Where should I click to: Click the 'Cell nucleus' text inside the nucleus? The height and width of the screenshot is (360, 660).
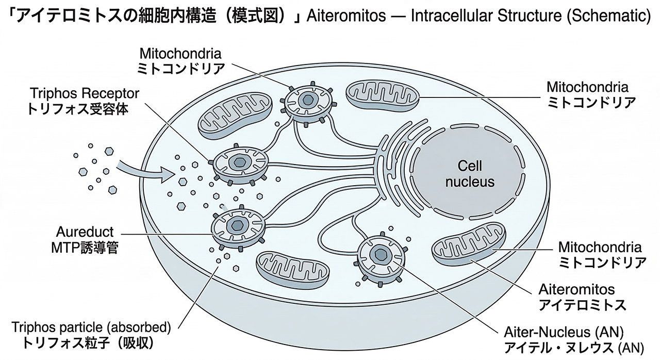point(469,173)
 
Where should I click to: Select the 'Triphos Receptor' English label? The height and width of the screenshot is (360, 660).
point(85,94)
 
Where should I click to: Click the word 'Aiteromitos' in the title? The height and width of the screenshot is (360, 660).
point(345,16)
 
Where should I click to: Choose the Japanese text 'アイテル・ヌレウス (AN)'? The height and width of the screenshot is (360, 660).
point(572,346)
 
